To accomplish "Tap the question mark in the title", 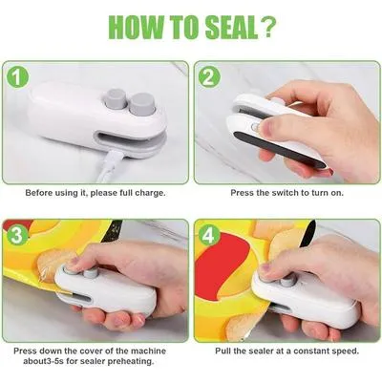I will click(273, 30).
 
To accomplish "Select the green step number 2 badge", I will click(209, 74).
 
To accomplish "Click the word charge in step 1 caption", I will click(149, 192).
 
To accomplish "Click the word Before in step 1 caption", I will click(42, 192).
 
